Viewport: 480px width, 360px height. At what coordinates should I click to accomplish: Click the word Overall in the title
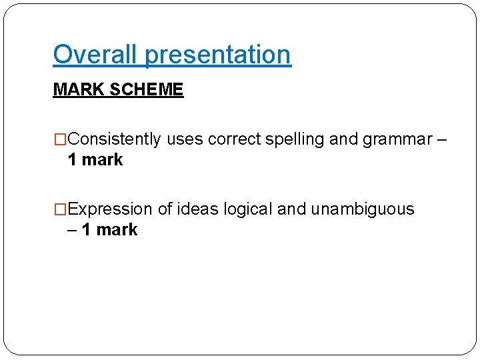(x=96, y=55)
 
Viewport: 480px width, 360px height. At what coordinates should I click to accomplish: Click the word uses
(x=185, y=139)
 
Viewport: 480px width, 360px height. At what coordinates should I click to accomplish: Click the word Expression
(x=111, y=209)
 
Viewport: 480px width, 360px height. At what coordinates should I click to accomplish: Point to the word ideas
(x=198, y=209)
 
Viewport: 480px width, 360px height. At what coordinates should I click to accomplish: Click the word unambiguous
(x=363, y=209)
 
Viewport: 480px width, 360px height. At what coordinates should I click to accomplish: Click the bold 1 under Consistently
(x=72, y=160)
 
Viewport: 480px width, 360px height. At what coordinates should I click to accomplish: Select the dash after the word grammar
(x=442, y=139)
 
